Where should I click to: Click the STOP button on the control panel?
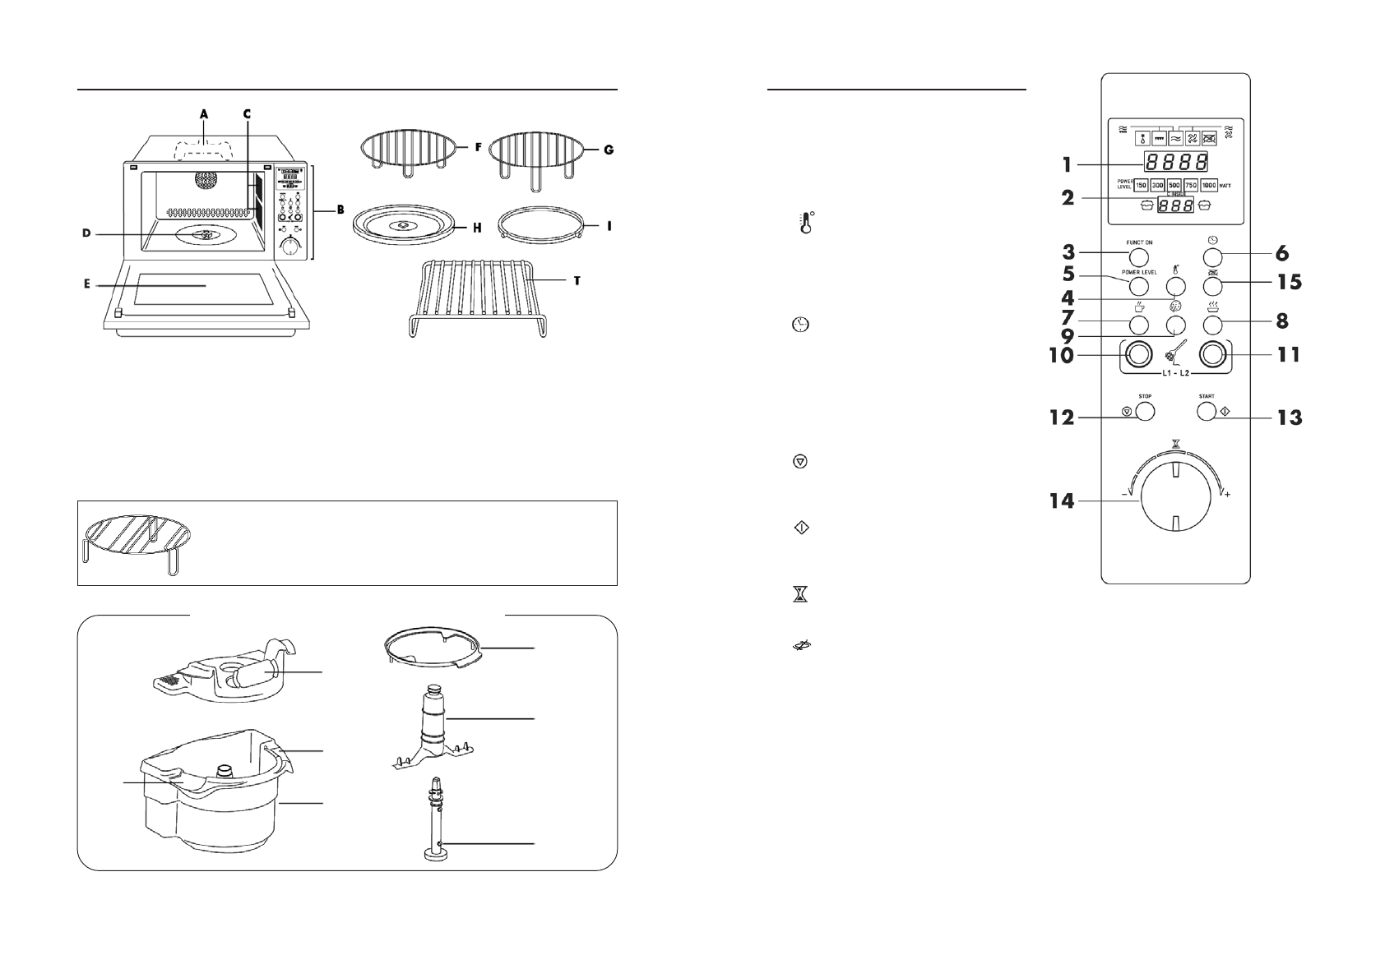tap(1144, 412)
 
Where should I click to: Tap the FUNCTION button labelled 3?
tap(1138, 255)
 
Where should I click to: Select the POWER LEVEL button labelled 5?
tap(1138, 286)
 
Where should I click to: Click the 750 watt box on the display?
tap(1190, 186)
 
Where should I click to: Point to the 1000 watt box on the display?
tap(1208, 186)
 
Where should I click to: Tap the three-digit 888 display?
tap(1176, 205)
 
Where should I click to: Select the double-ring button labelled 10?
tap(1138, 354)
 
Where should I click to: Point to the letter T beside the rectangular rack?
tap(577, 281)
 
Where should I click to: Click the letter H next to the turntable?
tap(477, 228)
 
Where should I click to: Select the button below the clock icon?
tap(1213, 255)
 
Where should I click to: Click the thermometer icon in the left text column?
tap(806, 224)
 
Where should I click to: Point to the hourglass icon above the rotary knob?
tap(1176, 444)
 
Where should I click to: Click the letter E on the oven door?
tap(87, 285)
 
